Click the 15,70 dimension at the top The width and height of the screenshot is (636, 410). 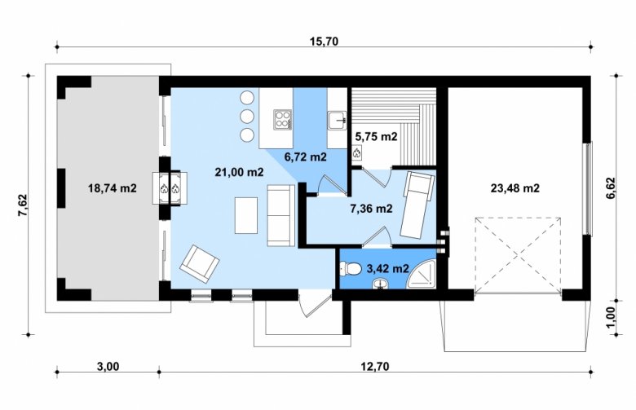tap(324, 42)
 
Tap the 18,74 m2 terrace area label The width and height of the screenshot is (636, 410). tap(113, 188)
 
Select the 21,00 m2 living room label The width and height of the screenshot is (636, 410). tap(239, 172)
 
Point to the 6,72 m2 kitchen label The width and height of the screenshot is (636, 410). tap(306, 157)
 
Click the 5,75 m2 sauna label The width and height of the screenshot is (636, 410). tap(376, 137)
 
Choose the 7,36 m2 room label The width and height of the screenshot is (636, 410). tap(371, 209)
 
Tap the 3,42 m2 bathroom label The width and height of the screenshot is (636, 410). tap(387, 268)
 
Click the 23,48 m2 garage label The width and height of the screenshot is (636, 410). tap(515, 188)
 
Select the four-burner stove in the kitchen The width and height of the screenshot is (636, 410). tap(283, 120)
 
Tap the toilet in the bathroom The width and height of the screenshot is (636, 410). tap(351, 268)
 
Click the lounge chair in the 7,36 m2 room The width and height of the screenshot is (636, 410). tap(417, 204)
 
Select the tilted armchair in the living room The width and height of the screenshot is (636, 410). tap(200, 264)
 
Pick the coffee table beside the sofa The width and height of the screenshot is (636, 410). tap(246, 215)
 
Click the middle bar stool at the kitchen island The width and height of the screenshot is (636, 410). tap(247, 117)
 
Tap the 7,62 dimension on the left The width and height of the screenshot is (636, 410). tap(23, 205)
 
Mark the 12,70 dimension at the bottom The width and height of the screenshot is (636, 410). tap(375, 366)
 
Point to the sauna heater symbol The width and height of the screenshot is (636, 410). tap(357, 153)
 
